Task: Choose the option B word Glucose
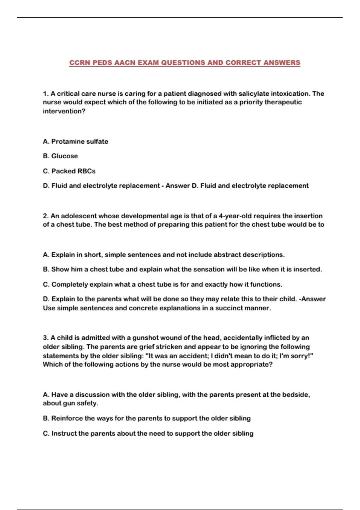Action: tap(64, 156)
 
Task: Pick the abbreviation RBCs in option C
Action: tap(86, 171)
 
